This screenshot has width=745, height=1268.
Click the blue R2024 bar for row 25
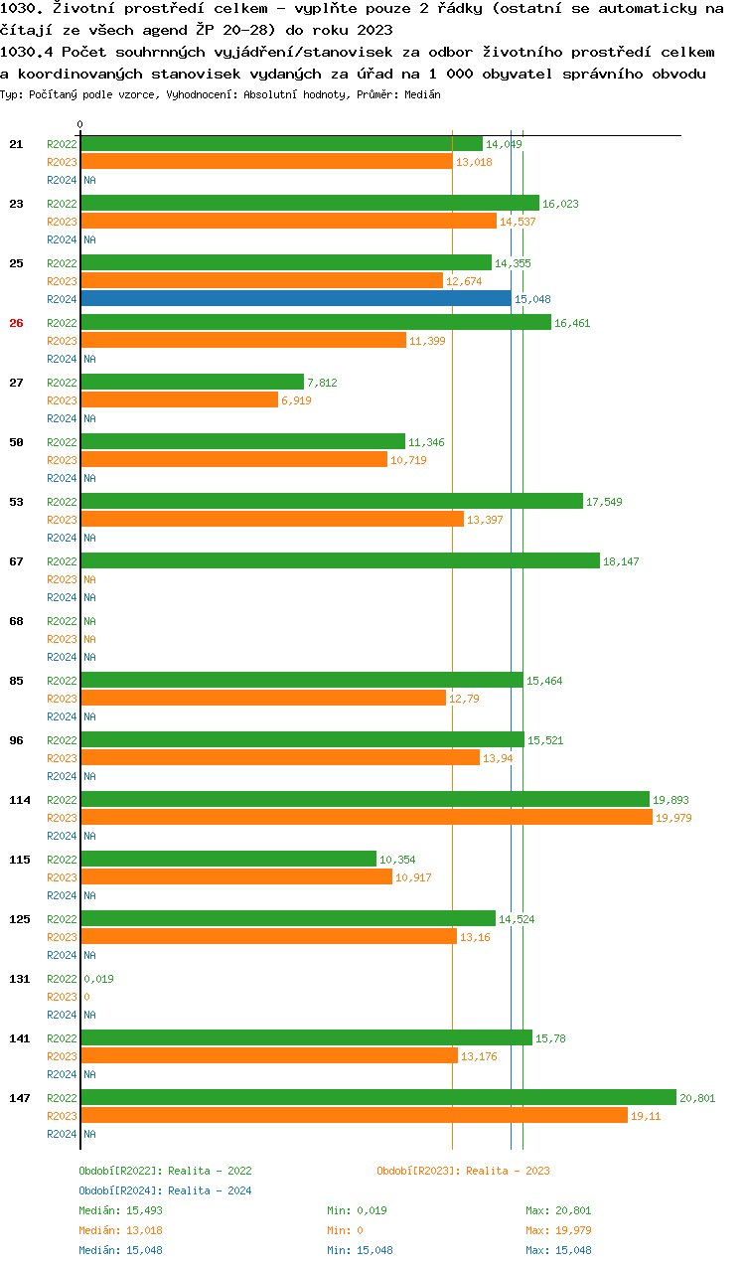point(296,299)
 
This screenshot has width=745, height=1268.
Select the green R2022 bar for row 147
point(378,1098)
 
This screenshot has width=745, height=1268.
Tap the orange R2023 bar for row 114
point(365,818)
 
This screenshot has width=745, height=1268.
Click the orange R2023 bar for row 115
point(236,877)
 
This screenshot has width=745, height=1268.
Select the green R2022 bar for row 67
point(341,561)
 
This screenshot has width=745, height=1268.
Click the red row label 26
point(16,323)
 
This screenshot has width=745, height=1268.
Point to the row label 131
point(20,979)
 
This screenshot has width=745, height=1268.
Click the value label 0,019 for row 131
point(98,979)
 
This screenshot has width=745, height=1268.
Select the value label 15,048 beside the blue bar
point(532,299)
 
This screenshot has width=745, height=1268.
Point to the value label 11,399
point(427,341)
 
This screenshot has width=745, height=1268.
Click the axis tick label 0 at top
point(80,124)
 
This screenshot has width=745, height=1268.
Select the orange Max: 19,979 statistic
point(558,1230)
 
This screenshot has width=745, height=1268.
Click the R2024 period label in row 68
point(62,657)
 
